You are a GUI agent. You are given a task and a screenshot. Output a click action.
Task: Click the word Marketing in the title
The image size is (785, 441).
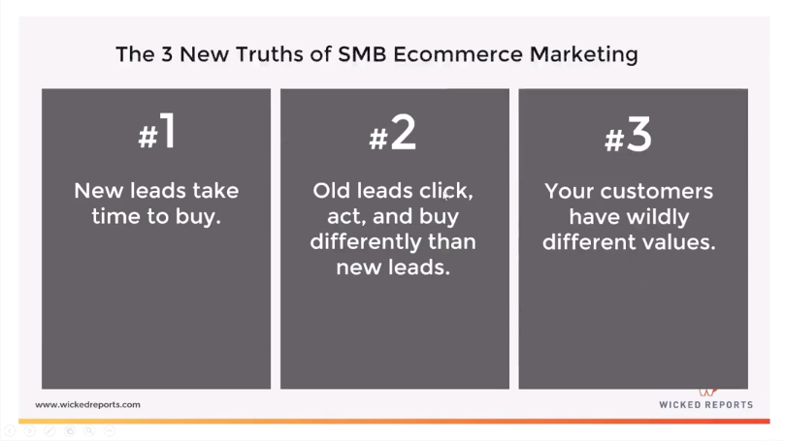click(583, 53)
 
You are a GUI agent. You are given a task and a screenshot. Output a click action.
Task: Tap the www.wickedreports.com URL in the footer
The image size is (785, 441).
click(87, 404)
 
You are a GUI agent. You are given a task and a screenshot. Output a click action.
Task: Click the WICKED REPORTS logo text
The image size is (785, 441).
click(705, 405)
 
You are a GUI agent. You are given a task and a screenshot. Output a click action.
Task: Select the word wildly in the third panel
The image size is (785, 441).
click(667, 216)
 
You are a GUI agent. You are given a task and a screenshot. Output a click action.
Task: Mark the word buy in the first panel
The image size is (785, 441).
click(200, 216)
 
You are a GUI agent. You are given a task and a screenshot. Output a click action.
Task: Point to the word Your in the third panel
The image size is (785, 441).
click(570, 191)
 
